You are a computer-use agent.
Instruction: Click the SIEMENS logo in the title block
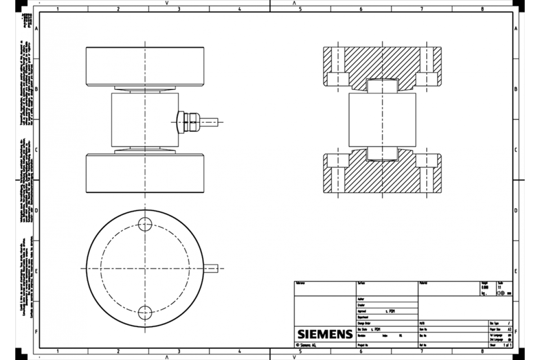[x=324, y=334]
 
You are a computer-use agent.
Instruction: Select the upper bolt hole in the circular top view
[x=145, y=224]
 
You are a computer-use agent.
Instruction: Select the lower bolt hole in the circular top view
[x=145, y=311]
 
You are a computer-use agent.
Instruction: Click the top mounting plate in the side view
[x=145, y=66]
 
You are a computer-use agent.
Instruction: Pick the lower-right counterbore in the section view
[x=427, y=160]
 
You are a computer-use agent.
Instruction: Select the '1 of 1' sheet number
[x=508, y=345]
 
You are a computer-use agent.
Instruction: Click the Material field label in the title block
[x=424, y=283]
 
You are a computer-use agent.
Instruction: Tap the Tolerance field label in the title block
[x=300, y=283]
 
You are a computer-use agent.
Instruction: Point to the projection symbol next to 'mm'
[x=500, y=292]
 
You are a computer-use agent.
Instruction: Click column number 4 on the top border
[x=239, y=9]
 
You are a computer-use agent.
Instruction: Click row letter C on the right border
[x=516, y=150]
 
